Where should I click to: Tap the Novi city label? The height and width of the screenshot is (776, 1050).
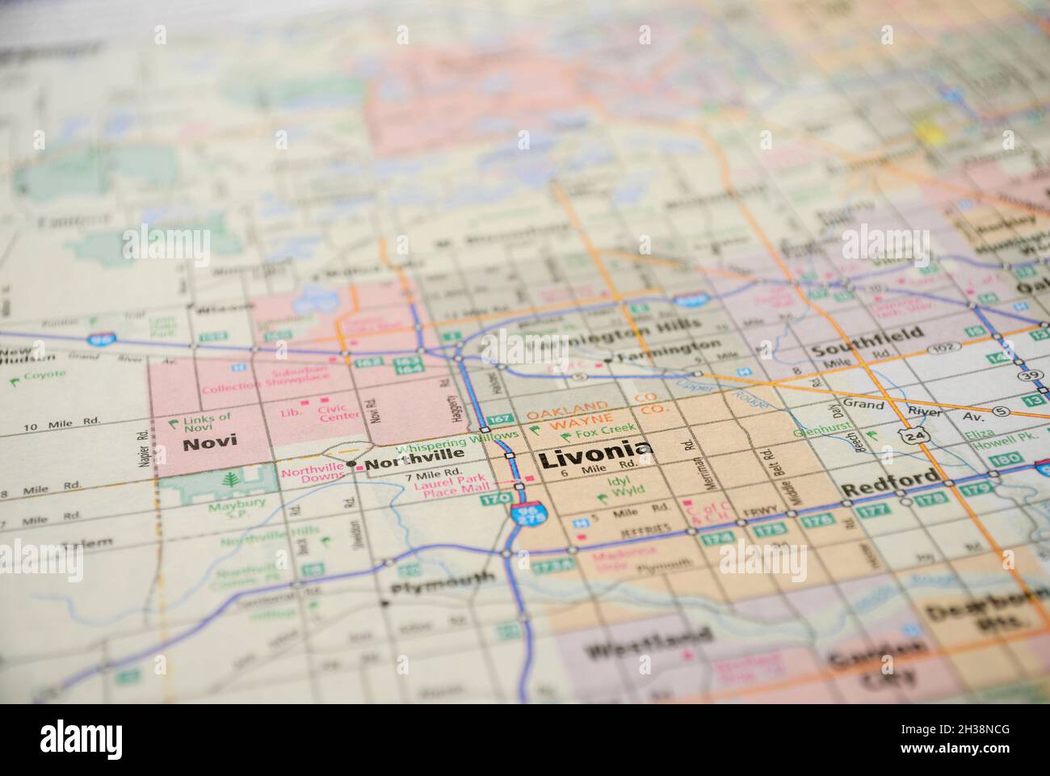[203, 443]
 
